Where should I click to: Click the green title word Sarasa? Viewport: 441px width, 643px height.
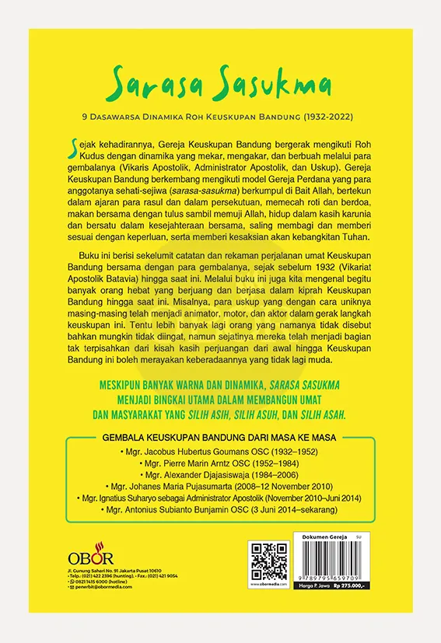coord(147,82)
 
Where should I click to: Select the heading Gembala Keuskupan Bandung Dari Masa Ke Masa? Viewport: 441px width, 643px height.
coord(219,438)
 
